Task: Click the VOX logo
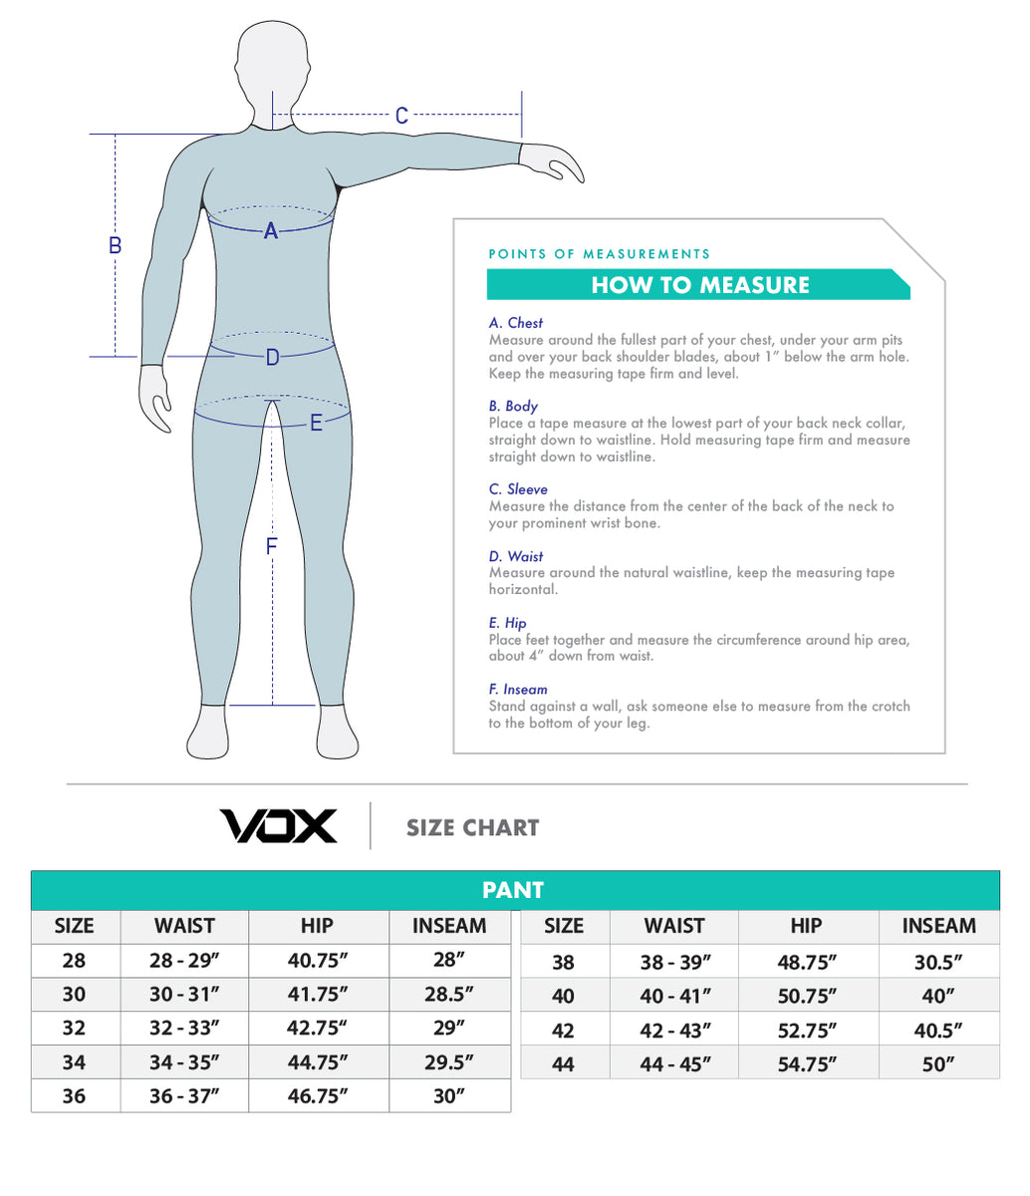pos(278,826)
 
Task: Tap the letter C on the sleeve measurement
pos(401,116)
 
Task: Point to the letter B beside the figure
pos(116,244)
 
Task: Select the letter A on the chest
pos(270,232)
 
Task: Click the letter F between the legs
pos(271,546)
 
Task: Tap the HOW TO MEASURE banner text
pos(699,285)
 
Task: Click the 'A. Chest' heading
pos(516,323)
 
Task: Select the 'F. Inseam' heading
pos(518,689)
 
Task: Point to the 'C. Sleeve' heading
pos(518,488)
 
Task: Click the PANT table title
pos(513,890)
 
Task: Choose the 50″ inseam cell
pos(938,1063)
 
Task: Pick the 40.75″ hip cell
pos(318,961)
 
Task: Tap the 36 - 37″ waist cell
pos(184,1096)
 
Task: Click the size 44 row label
pos(563,1063)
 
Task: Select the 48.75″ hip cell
pos(807,962)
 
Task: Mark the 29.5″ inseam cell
pos(449,1062)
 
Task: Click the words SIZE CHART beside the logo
pos(472,827)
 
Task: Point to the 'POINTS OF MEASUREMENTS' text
pos(600,254)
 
